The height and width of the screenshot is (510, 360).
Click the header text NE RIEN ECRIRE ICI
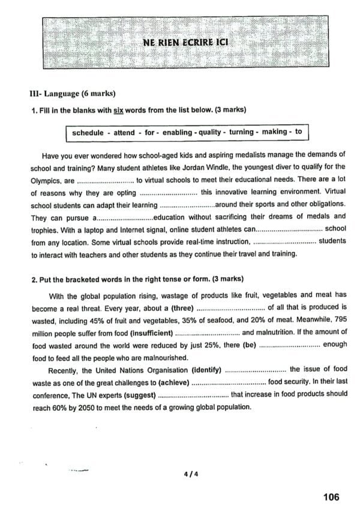[186, 43]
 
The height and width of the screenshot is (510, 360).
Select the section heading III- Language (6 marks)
[72, 94]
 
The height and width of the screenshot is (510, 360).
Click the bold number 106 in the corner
[331, 497]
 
